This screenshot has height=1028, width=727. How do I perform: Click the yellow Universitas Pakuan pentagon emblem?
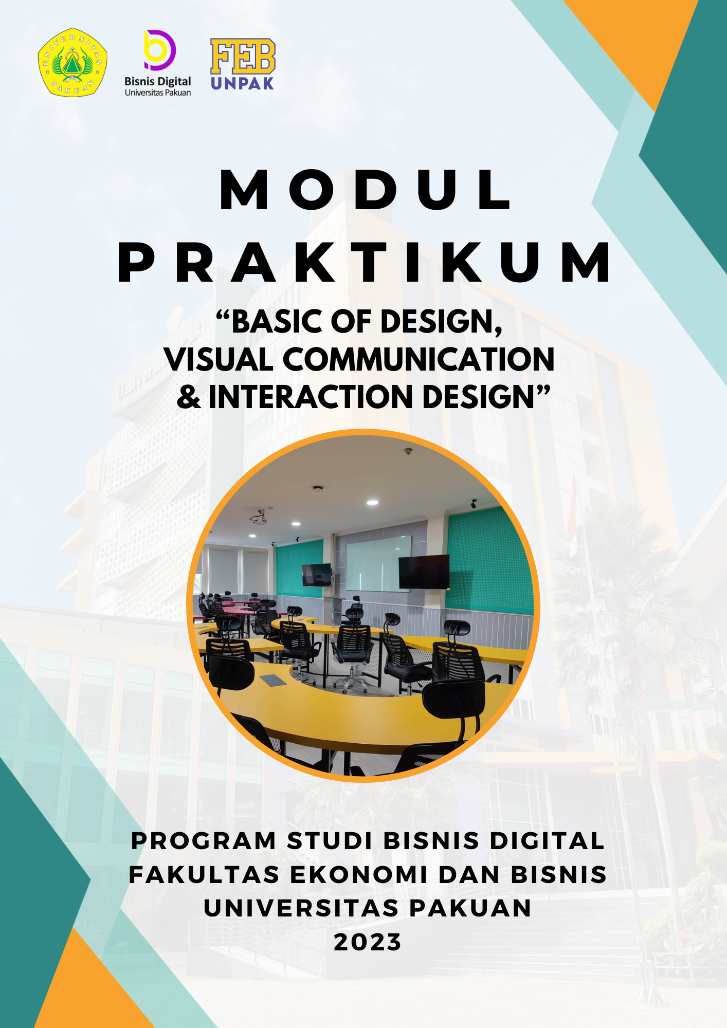pos(72,62)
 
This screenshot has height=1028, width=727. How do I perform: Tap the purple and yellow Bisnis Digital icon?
pos(159,50)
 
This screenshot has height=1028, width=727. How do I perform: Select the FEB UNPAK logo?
pos(243,64)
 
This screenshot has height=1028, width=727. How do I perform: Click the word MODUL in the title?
pos(365,190)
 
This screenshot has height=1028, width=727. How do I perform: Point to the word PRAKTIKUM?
pos(364,263)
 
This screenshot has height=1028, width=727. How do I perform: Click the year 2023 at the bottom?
pos(367,942)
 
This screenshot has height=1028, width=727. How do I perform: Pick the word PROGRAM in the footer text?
pos(204,841)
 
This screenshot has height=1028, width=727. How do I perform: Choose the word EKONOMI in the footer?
pos(359,875)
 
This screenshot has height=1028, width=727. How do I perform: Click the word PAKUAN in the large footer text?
pos(470,908)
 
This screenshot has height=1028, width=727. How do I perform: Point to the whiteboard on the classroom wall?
pos(378,563)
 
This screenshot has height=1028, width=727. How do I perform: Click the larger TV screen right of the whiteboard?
pos(424,572)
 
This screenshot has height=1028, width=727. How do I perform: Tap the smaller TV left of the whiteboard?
pos(317,575)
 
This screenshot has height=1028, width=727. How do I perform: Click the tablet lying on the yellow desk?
pos(273,680)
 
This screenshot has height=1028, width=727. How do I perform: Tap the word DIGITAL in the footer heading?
pos(547,841)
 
